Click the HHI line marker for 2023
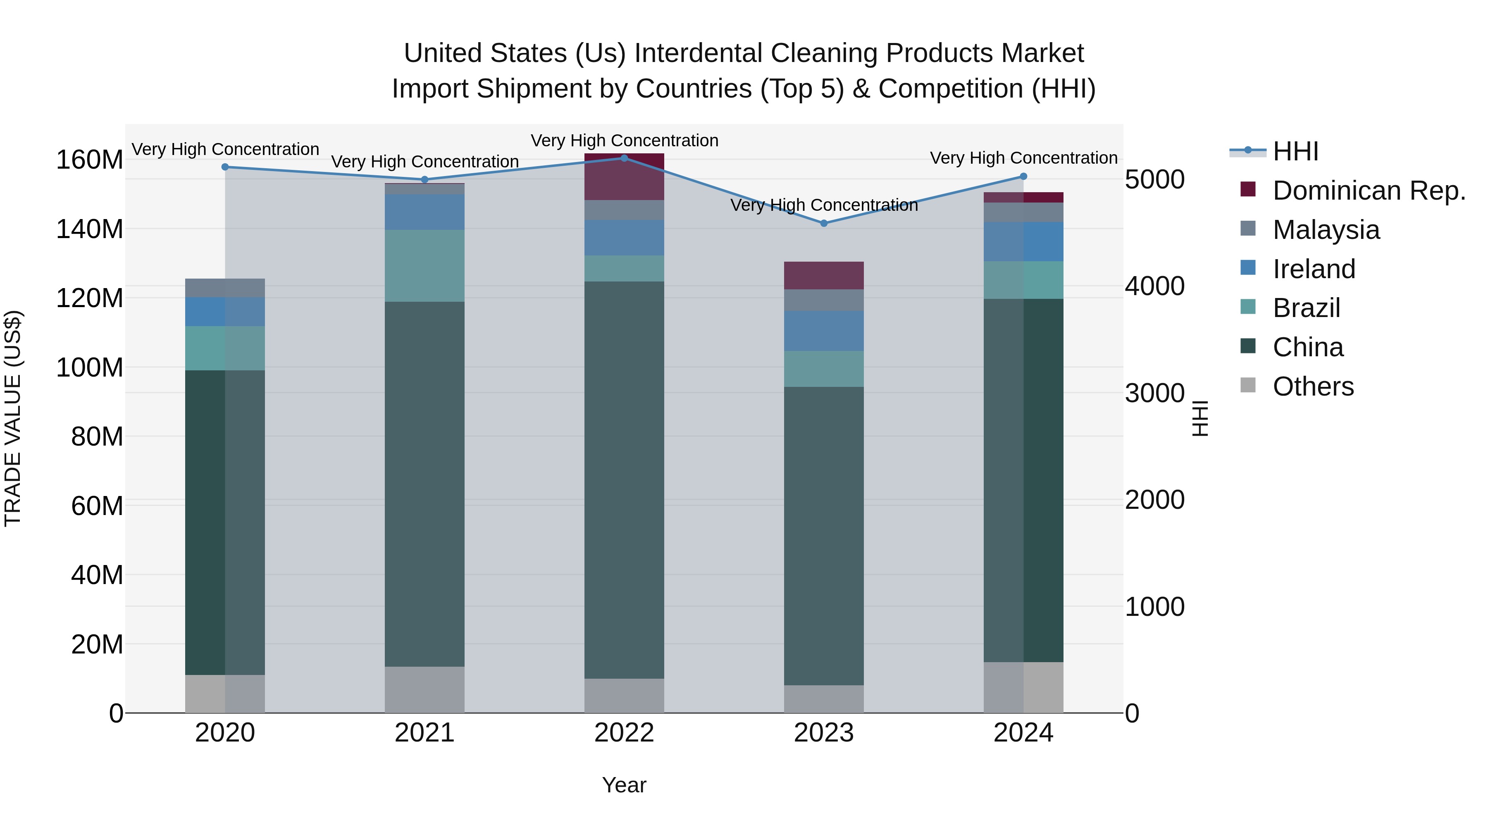tap(824, 223)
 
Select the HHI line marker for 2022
tap(624, 158)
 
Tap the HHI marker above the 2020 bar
tap(225, 167)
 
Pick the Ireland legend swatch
tap(1248, 268)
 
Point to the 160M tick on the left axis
tap(90, 160)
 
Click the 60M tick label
tap(97, 506)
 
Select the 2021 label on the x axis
tap(424, 733)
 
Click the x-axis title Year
tap(624, 785)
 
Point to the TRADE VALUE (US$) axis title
tap(13, 418)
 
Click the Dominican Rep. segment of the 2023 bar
tap(824, 276)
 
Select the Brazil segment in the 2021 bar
tap(424, 266)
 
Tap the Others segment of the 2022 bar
tap(624, 696)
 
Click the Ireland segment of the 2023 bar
tap(824, 331)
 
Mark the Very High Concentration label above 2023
tap(824, 205)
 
